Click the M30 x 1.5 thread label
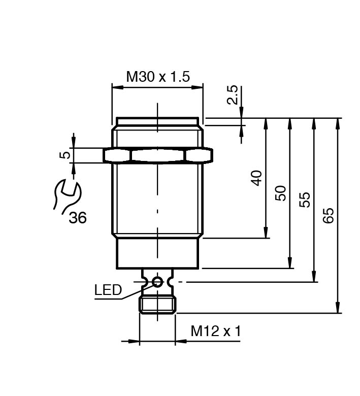[x=157, y=77]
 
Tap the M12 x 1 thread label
[x=216, y=331]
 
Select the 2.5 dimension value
[x=233, y=94]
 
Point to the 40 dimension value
[x=257, y=178]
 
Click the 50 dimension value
[x=281, y=193]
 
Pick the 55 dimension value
[x=305, y=200]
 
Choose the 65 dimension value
[x=329, y=215]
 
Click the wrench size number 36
[x=78, y=218]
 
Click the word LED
[x=108, y=290]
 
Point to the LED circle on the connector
[x=157, y=282]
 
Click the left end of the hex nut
[x=107, y=155]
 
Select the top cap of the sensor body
[x=157, y=121]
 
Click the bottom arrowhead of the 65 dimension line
[x=338, y=309]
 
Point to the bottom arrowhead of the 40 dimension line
[x=266, y=234]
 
